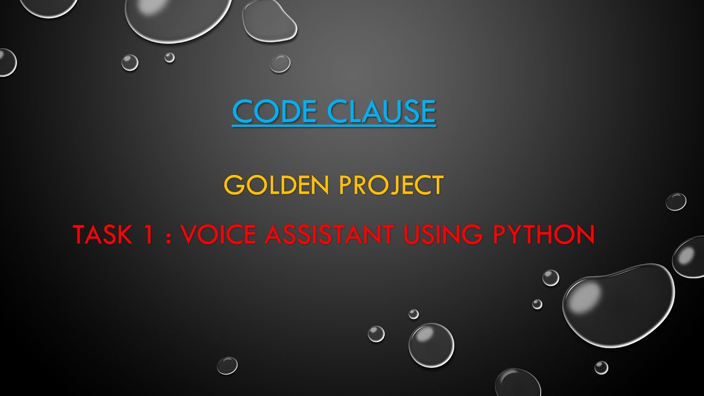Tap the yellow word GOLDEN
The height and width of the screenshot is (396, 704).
click(x=277, y=185)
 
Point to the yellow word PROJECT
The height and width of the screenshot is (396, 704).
click(x=391, y=185)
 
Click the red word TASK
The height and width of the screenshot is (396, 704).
click(x=103, y=235)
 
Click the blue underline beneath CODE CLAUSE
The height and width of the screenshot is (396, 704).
click(x=334, y=127)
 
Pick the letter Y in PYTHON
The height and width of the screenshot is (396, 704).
click(x=514, y=235)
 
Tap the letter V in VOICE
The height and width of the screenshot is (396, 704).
click(x=190, y=235)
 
